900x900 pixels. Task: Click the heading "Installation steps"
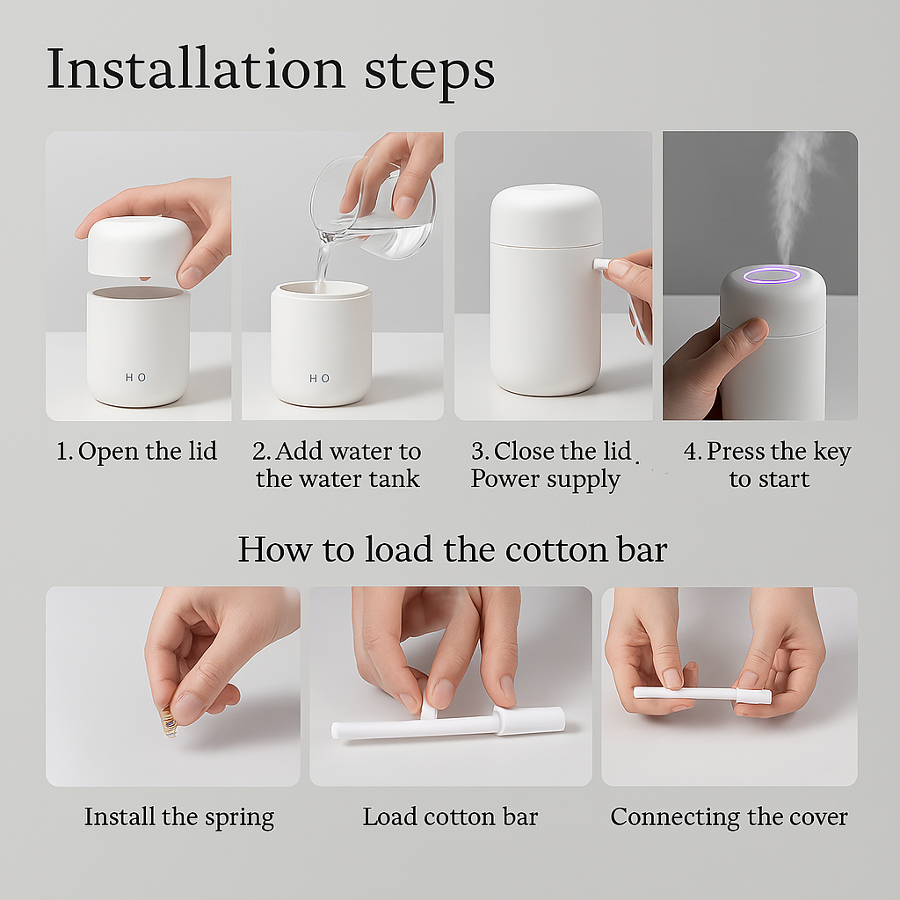tap(270, 69)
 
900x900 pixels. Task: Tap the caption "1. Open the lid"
tap(136, 452)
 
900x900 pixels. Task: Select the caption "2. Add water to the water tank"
tap(337, 465)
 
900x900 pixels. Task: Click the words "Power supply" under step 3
tap(545, 480)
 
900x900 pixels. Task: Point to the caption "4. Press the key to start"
tap(767, 465)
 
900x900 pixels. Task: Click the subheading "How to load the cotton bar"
tap(452, 549)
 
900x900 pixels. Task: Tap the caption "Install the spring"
tap(179, 817)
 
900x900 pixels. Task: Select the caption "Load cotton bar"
tap(450, 817)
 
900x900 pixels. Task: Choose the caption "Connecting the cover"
tap(729, 817)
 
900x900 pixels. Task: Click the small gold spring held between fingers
tap(168, 722)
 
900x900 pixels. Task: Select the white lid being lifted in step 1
tap(139, 246)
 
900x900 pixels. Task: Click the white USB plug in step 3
tap(601, 264)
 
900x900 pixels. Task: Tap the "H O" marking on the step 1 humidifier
tap(135, 377)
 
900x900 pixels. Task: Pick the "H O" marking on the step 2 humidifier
tap(320, 378)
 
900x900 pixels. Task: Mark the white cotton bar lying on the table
tap(448, 723)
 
